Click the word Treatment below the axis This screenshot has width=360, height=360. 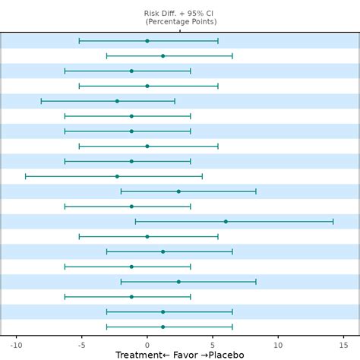coord(139,355)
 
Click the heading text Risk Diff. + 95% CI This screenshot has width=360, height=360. coord(180,14)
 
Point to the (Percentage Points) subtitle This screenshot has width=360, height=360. coord(180,22)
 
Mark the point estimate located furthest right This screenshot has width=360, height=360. coord(226,222)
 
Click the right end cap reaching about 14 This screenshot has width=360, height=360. coord(333,222)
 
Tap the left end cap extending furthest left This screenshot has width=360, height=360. coord(25,176)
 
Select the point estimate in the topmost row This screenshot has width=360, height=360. coord(147,41)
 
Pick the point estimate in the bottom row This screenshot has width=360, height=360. coord(163,327)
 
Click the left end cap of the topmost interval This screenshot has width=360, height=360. coord(79,41)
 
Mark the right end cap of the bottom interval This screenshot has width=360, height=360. coord(232,327)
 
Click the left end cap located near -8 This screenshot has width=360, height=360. coord(41,101)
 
